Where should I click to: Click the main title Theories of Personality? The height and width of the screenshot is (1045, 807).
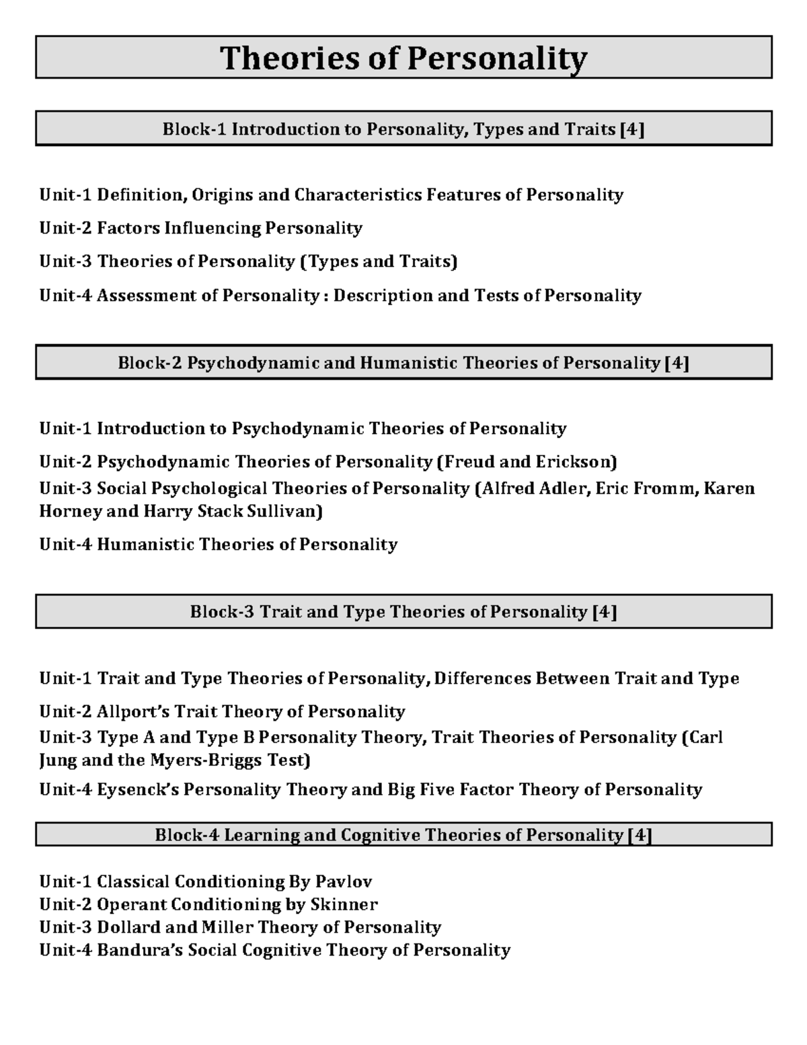coord(403,59)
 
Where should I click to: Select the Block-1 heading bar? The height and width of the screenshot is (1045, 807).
coord(403,129)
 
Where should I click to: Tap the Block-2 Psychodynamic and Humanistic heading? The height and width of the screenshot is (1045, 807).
coord(403,363)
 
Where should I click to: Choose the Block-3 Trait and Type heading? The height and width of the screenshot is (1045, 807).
coord(403,612)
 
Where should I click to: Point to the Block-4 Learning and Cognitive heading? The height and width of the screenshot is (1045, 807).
coord(403,835)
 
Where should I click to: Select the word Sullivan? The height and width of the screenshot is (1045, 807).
coord(287,511)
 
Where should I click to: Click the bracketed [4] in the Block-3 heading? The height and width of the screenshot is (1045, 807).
coord(605,612)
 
